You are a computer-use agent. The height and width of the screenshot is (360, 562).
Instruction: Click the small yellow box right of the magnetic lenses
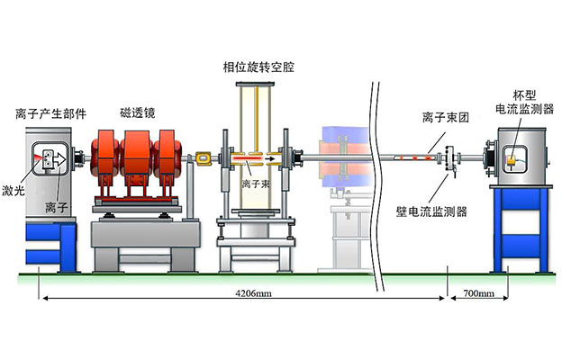coord(203,158)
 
